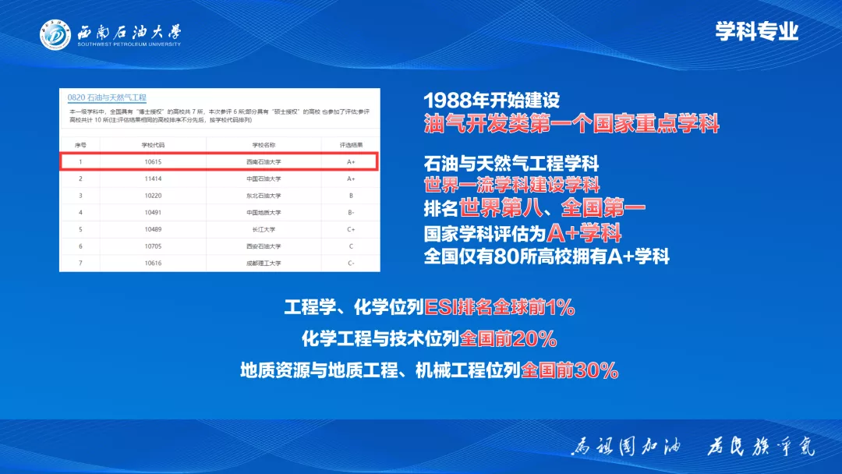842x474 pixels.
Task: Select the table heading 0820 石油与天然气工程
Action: point(107,97)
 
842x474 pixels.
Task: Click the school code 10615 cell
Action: point(153,162)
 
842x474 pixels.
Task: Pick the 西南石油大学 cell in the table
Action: point(264,162)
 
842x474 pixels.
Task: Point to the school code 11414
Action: point(153,179)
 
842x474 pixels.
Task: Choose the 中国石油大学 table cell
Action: point(264,179)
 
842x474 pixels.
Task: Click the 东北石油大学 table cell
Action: point(264,196)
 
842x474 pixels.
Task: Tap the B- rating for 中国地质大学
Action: point(351,212)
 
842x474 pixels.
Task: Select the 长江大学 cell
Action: point(264,229)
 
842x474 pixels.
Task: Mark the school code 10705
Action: point(153,246)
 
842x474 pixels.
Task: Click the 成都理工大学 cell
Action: point(264,264)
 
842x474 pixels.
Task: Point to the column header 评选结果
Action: point(351,145)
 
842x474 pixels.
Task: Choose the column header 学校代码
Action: point(153,145)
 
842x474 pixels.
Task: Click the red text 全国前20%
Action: point(508,339)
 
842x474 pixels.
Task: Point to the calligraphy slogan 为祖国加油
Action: point(627,447)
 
